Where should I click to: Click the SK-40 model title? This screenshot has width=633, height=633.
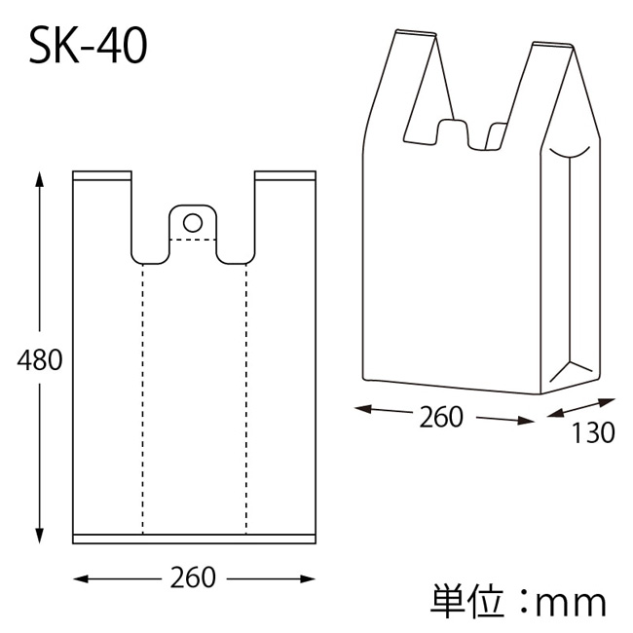click(x=88, y=47)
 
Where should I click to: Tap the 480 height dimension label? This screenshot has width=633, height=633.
click(x=40, y=359)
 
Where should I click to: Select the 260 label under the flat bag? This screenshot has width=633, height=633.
click(x=193, y=577)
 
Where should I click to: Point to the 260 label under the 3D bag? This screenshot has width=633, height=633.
click(x=441, y=417)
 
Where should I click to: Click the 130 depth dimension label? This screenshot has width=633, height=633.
click(x=593, y=432)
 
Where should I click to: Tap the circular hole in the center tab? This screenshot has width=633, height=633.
click(x=193, y=223)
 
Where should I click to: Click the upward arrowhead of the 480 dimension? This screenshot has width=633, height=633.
click(x=39, y=179)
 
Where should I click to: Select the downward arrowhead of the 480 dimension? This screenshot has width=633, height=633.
click(x=39, y=536)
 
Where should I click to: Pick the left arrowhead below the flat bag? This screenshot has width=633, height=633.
click(x=81, y=579)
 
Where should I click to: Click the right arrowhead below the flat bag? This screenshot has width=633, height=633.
click(x=307, y=579)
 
